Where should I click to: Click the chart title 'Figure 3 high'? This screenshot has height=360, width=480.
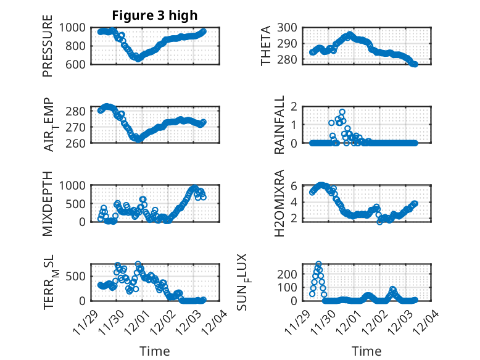[x=154, y=15]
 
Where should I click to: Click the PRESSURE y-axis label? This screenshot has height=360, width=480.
[x=48, y=49]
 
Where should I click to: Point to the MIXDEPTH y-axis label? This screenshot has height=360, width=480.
[x=48, y=203]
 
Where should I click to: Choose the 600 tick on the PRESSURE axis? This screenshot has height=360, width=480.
[x=78, y=64]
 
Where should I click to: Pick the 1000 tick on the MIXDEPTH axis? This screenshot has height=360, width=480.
[x=75, y=185]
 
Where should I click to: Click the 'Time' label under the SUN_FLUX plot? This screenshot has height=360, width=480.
[x=366, y=351]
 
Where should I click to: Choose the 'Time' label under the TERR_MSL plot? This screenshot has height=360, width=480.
[x=154, y=351]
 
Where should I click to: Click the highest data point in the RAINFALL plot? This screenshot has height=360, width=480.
[x=342, y=112]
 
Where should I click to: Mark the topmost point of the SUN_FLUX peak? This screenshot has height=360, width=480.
[x=318, y=264]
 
